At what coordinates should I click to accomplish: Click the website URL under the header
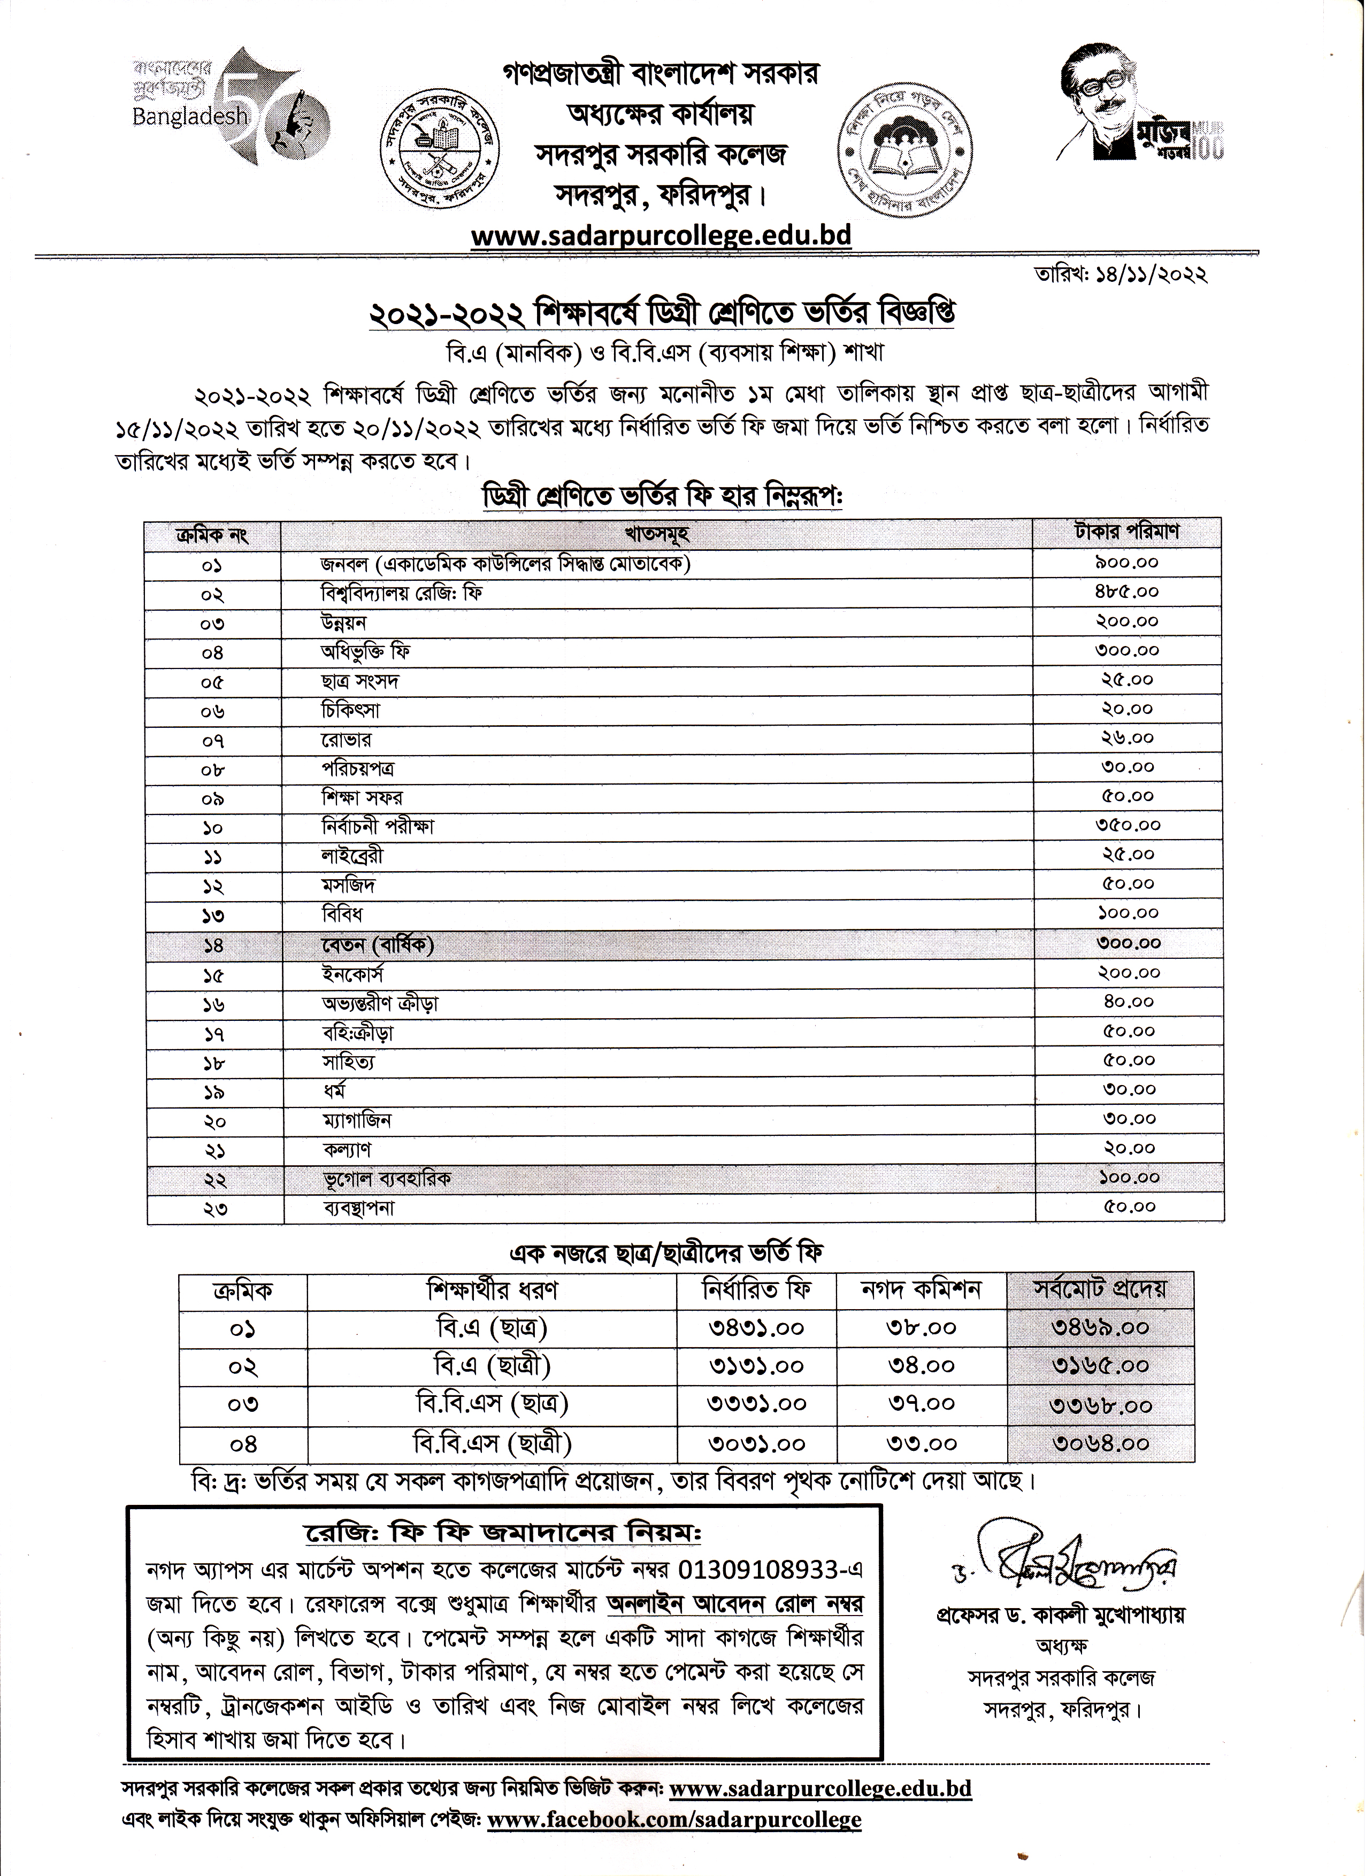(x=660, y=236)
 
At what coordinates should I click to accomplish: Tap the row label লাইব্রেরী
(x=352, y=855)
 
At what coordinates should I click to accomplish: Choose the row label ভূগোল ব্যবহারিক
(x=386, y=1178)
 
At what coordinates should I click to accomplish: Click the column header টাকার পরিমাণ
(x=1128, y=532)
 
